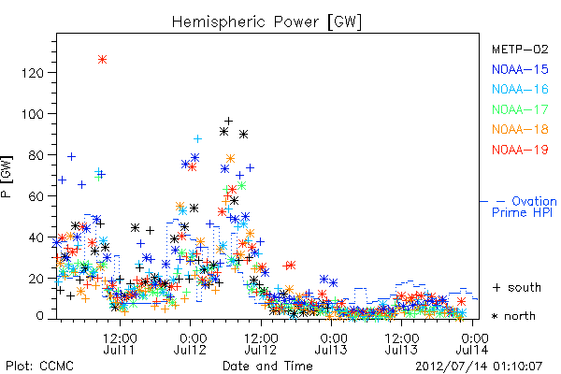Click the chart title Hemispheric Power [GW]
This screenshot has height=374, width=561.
[266, 22]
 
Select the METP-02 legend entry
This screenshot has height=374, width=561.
[520, 49]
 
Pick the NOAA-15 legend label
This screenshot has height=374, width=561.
[520, 69]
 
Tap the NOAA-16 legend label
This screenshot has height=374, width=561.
[520, 89]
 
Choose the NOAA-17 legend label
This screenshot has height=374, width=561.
[520, 109]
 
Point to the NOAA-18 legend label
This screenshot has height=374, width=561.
[520, 129]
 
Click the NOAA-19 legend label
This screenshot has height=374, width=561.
[520, 150]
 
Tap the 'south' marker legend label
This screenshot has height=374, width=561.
[525, 287]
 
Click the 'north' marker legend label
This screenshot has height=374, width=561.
[520, 316]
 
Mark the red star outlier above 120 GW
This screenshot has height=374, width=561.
[102, 60]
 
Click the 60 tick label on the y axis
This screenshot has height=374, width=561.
[36, 196]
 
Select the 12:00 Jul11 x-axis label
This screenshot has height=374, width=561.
[120, 343]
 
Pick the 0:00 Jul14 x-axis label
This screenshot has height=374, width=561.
[473, 343]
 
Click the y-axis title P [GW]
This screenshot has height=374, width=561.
[7, 176]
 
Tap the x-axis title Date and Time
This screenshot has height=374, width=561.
[267, 366]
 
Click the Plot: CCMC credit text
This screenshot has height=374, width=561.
[39, 366]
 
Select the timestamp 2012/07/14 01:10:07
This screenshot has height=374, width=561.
[479, 367]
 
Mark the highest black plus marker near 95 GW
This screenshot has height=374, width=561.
[229, 122]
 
